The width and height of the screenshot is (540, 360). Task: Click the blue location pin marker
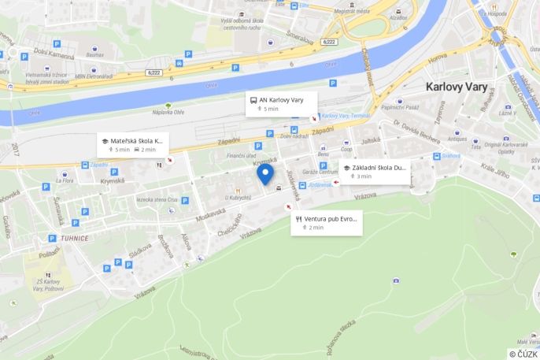[x=265, y=174]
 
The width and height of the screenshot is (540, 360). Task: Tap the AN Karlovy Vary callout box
[x=281, y=104]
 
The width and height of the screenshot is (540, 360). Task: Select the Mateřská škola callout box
[x=132, y=144]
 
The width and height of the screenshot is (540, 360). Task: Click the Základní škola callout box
[x=375, y=171]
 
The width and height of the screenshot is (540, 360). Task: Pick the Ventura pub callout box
[x=326, y=222]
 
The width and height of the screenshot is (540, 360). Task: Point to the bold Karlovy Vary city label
[x=457, y=87]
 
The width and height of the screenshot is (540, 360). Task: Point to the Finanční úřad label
[x=241, y=156]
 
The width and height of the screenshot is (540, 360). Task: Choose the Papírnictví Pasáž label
[x=401, y=107]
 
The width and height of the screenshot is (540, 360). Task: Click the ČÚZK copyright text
[x=523, y=354]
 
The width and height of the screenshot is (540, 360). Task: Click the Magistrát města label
[x=351, y=12]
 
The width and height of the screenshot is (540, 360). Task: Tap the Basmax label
[x=94, y=55]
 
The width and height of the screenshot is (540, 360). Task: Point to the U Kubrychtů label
[x=237, y=198]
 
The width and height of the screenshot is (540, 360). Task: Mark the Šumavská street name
[x=60, y=210]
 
